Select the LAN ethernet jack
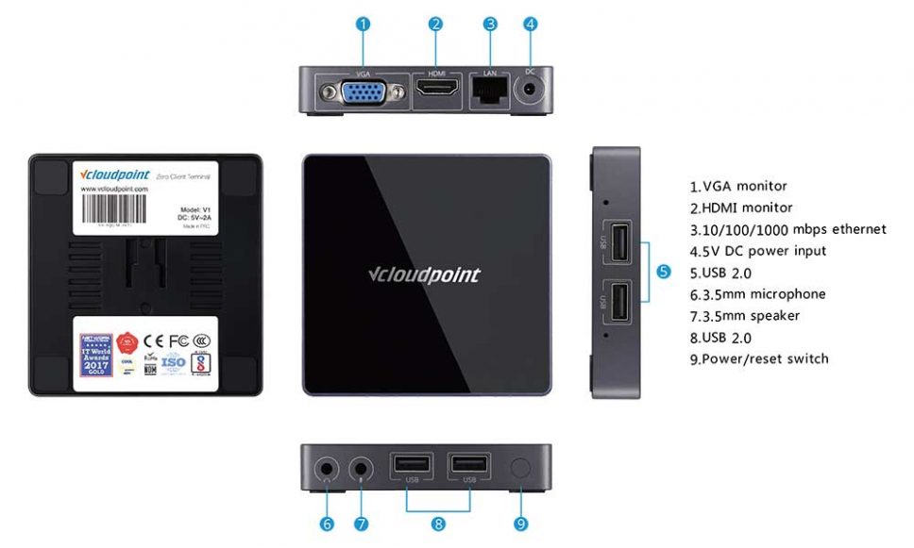pyautogui.click(x=490, y=91)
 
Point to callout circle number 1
pyautogui.click(x=364, y=25)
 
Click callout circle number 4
pyautogui.click(x=531, y=25)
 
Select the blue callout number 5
pyautogui.click(x=663, y=272)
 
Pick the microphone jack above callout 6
pyautogui.click(x=328, y=468)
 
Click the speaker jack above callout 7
pyautogui.click(x=362, y=468)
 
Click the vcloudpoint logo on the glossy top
pyautogui.click(x=423, y=275)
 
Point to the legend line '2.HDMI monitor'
pyautogui.click(x=741, y=208)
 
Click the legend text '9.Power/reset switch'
pyautogui.click(x=759, y=358)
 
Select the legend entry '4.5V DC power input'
pyautogui.click(x=758, y=251)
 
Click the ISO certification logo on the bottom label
pyautogui.click(x=174, y=361)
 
